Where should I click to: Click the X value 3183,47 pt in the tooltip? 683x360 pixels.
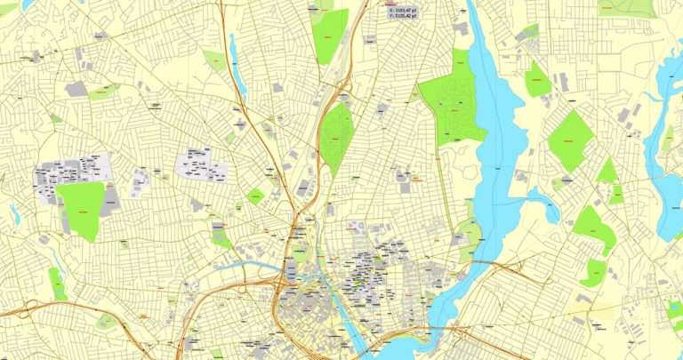[405, 9]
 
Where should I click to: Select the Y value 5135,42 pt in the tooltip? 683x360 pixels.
[405, 16]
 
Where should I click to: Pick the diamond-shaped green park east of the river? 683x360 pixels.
[570, 140]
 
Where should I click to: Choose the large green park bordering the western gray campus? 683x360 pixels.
[82, 210]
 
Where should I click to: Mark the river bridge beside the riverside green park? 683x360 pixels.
[480, 263]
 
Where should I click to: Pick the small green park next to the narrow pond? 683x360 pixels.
[213, 60]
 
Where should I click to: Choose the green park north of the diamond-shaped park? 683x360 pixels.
[536, 80]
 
